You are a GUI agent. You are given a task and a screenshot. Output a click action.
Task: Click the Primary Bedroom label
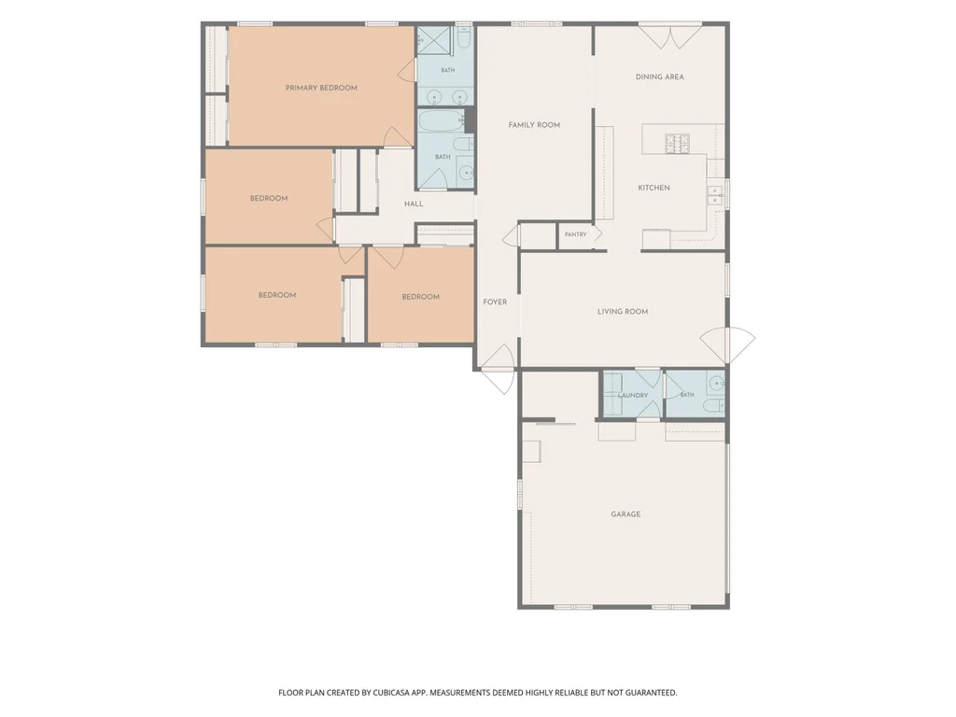click(x=321, y=88)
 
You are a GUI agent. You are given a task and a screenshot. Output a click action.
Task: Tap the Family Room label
click(x=534, y=125)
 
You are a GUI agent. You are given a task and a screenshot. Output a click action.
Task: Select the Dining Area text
click(x=660, y=77)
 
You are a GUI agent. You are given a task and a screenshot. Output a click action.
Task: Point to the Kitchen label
click(x=654, y=188)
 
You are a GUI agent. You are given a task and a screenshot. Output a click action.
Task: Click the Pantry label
click(x=575, y=234)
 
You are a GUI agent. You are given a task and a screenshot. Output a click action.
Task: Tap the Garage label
click(x=626, y=514)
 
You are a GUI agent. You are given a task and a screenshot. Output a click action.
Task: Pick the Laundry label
click(x=633, y=395)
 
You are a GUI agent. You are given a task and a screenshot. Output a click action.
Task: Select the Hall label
click(x=414, y=204)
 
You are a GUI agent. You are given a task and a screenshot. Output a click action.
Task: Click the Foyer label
click(x=495, y=302)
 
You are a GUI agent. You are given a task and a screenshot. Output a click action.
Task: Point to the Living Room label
click(x=623, y=312)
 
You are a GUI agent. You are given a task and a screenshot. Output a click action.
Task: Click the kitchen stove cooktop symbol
click(x=677, y=143)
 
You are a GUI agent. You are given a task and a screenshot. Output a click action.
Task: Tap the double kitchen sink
click(x=714, y=196)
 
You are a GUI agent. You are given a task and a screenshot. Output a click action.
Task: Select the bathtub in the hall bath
click(x=442, y=120)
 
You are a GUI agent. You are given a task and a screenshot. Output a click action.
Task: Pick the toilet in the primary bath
click(x=463, y=37)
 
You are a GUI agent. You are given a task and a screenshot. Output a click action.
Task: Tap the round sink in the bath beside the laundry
click(x=717, y=384)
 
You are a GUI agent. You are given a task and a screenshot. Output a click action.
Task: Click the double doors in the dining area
click(x=670, y=35)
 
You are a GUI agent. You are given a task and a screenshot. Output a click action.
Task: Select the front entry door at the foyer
click(x=499, y=369)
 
